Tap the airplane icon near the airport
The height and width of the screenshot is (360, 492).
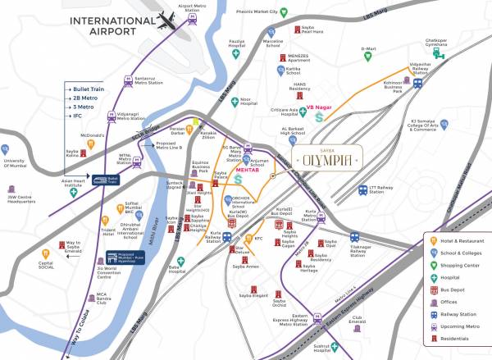coord(169,19)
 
